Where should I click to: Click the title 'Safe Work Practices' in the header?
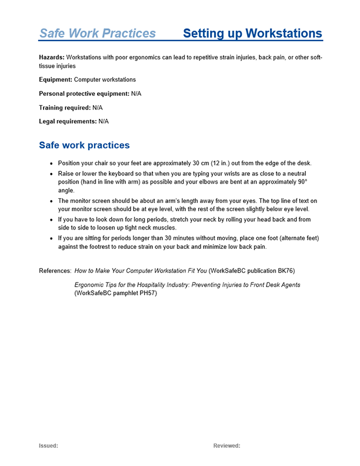tap(97, 33)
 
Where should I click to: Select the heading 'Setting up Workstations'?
tap(252, 33)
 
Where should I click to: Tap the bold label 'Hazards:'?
tap(52, 58)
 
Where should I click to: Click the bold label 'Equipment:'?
tap(55, 80)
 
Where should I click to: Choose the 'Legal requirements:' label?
tap(68, 122)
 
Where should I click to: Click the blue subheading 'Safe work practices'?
tap(84, 145)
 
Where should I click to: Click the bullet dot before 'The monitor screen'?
tap(52, 201)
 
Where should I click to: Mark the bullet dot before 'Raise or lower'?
tap(52, 175)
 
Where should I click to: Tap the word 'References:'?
tap(55, 271)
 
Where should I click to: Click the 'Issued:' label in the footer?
tap(48, 446)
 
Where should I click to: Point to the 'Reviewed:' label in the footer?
tap(226, 446)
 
